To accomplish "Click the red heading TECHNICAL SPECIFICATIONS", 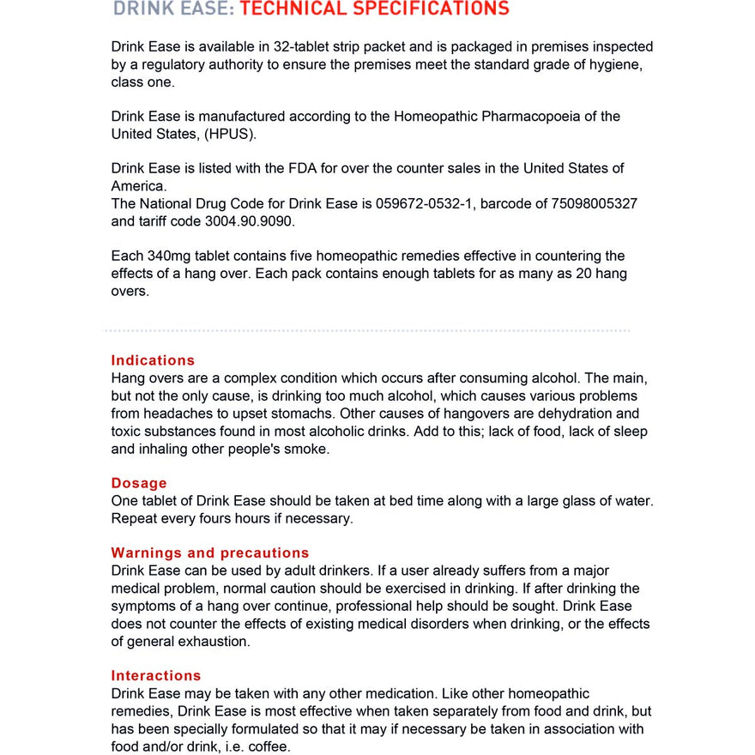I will (374, 9).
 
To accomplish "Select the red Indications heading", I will (153, 360).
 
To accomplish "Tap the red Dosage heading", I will (139, 483).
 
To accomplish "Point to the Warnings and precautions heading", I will (210, 553).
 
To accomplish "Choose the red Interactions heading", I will (156, 676).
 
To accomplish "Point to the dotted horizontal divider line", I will (366, 329).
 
